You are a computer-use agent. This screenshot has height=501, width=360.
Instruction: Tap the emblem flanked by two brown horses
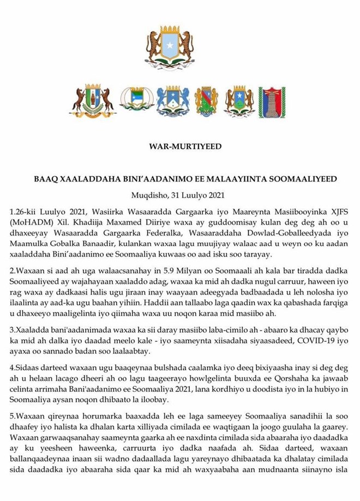pos(92,101)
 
